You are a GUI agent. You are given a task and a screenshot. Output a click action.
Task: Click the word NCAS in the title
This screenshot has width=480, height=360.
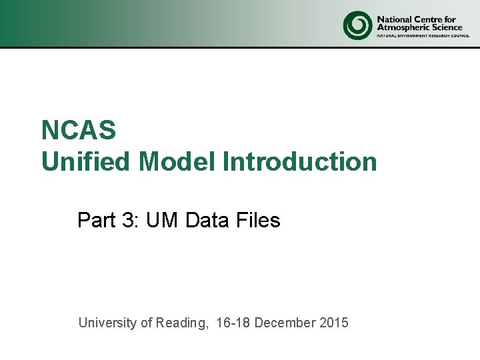(79, 130)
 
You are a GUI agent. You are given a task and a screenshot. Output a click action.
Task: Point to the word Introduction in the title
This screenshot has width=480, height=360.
(299, 161)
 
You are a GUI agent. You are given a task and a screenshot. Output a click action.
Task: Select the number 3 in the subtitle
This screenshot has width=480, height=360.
(129, 220)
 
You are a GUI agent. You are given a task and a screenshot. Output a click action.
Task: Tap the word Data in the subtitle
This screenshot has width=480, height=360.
(207, 220)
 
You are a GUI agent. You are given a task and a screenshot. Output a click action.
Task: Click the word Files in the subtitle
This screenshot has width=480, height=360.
(257, 220)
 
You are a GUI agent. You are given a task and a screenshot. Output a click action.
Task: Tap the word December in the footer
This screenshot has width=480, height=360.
(285, 323)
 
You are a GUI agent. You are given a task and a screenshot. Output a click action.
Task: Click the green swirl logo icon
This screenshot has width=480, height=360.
(357, 25)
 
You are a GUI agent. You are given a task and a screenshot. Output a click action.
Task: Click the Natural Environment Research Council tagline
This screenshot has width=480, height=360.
(419, 36)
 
